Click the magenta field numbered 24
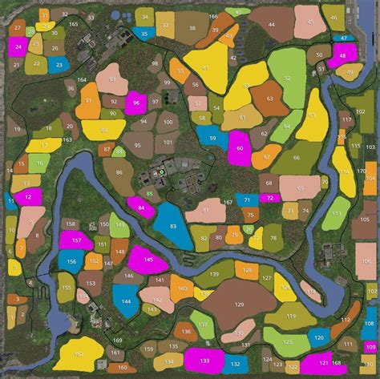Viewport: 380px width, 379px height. click(18, 46)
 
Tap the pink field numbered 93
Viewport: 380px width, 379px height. click(112, 79)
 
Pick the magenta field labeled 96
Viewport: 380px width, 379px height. click(136, 103)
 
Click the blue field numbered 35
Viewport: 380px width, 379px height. click(143, 34)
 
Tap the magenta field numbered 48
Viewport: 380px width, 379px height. click(342, 54)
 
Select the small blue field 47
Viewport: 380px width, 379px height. click(344, 38)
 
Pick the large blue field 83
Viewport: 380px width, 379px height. click(172, 227)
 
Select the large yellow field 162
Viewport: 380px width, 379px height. click(79, 353)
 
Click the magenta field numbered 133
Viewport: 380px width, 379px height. click(204, 360)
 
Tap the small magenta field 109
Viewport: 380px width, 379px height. click(370, 347)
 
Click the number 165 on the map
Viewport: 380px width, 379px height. click(73, 25)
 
